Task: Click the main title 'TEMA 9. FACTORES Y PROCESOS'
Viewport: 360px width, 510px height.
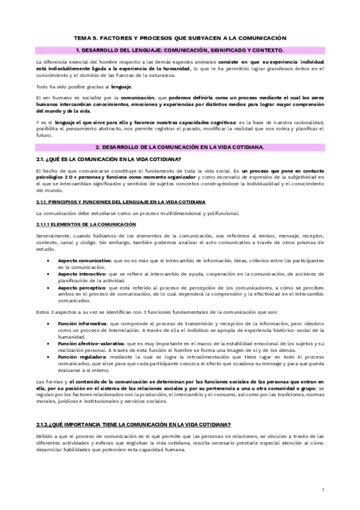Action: click(x=180, y=37)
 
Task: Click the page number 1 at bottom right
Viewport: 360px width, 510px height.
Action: click(x=323, y=490)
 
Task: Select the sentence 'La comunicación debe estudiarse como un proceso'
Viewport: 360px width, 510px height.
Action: click(x=137, y=213)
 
